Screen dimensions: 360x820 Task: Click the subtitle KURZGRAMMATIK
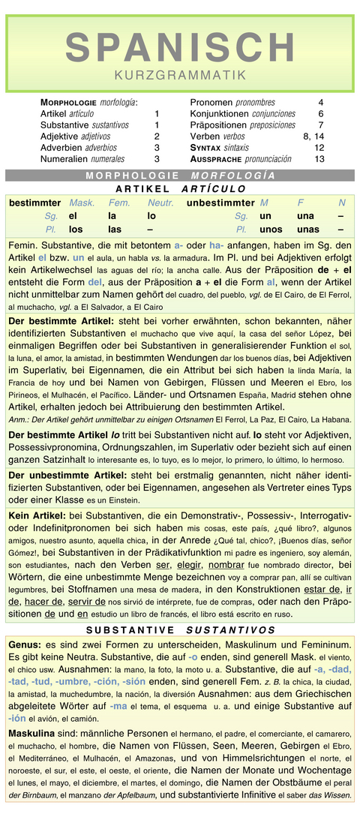[180, 75]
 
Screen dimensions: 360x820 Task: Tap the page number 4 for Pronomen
[320, 102]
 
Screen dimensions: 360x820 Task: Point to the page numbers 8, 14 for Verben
[313, 137]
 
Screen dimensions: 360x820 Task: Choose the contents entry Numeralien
[64, 159]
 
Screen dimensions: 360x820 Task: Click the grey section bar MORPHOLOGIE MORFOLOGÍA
[180, 175]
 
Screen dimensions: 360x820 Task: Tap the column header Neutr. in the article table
[160, 203]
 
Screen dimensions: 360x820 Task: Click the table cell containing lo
[151, 215]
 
